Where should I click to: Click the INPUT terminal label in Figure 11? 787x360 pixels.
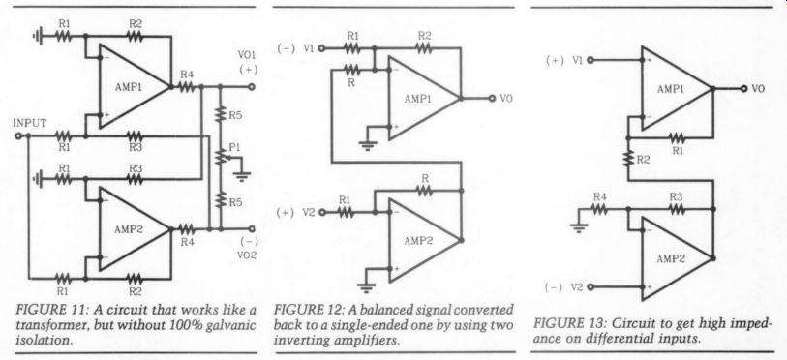click(x=30, y=123)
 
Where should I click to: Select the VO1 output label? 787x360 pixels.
click(x=247, y=54)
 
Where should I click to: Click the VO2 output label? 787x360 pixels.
click(x=247, y=255)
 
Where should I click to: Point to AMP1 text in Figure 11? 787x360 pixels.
click(x=129, y=86)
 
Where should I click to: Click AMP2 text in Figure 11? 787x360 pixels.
click(x=129, y=229)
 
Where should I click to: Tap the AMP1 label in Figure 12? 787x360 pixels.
click(x=418, y=99)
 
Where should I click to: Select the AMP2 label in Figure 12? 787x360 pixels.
click(x=418, y=241)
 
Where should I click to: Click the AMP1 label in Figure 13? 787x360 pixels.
click(x=671, y=89)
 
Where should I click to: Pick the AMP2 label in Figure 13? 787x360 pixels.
click(x=671, y=259)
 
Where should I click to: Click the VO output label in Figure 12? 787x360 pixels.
click(x=506, y=99)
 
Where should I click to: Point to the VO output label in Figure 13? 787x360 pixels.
click(x=758, y=89)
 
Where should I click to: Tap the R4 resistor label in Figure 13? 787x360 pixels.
click(x=600, y=196)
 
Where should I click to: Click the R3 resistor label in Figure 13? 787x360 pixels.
click(x=676, y=196)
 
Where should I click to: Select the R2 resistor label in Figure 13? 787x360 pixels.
click(x=643, y=161)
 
